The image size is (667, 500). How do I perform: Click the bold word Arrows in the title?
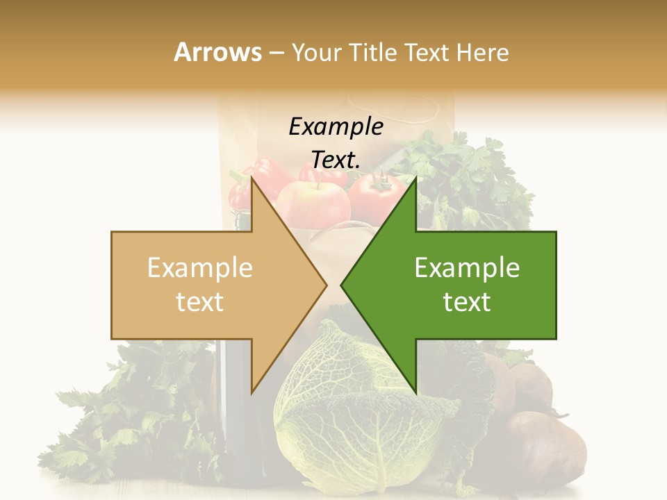pyautogui.click(x=217, y=52)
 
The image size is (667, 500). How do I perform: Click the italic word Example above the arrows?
pyautogui.click(x=336, y=127)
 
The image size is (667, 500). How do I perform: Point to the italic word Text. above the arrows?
pyautogui.click(x=336, y=160)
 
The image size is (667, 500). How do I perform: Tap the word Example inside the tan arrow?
pyautogui.click(x=200, y=268)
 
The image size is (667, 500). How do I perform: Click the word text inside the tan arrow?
pyautogui.click(x=200, y=301)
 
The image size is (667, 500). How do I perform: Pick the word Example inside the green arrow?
pyautogui.click(x=467, y=268)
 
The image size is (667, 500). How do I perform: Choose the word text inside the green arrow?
pyautogui.click(x=467, y=301)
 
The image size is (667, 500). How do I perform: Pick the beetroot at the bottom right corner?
pyautogui.click(x=545, y=448)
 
